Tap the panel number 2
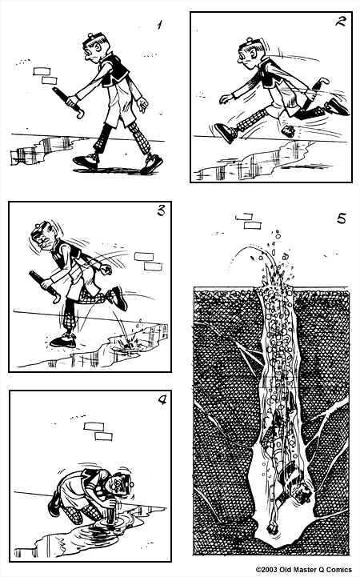click(x=340, y=23)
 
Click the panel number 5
click(x=341, y=218)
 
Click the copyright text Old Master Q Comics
click(x=306, y=570)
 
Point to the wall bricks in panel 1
click(x=46, y=75)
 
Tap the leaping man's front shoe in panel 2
click(x=226, y=133)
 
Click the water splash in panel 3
click(x=124, y=343)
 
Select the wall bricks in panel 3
click(x=149, y=260)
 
